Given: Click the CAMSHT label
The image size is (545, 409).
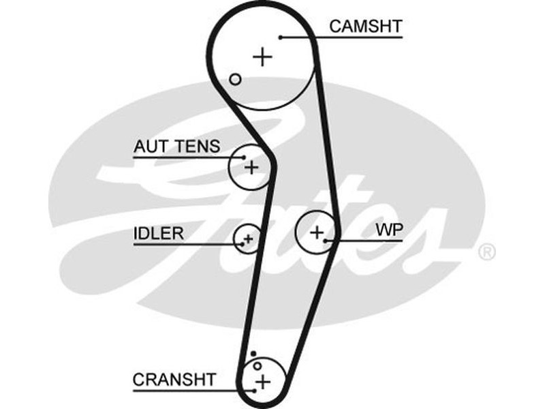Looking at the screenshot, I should click(x=365, y=27).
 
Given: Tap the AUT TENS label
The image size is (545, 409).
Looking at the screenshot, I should click(x=177, y=147).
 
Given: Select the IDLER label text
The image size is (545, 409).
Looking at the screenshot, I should click(x=159, y=234).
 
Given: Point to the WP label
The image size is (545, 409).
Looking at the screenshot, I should click(x=389, y=230).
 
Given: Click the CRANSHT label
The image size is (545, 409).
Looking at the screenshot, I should click(x=174, y=379).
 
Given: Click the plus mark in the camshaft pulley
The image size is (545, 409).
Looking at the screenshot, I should click(x=262, y=57).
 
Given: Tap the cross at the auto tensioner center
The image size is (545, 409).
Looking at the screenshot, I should click(x=251, y=166).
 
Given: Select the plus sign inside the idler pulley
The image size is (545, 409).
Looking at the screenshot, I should click(x=249, y=239).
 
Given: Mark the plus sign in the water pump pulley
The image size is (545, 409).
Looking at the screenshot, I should click(x=316, y=232).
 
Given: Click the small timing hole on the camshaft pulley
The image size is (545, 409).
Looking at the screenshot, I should click(x=235, y=79).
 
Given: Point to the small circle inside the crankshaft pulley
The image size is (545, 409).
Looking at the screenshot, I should click(x=257, y=366).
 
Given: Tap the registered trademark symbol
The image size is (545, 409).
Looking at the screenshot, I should click(x=486, y=252).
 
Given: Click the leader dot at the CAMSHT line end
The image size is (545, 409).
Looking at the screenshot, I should click(x=280, y=37).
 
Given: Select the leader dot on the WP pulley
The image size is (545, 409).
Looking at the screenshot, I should click(x=327, y=240).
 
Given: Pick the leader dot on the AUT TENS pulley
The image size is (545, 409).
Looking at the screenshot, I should click(x=242, y=158).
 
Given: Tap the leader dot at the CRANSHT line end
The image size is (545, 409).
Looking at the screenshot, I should click(x=253, y=390).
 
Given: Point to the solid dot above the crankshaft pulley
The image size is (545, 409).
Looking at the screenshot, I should click(x=253, y=354).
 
